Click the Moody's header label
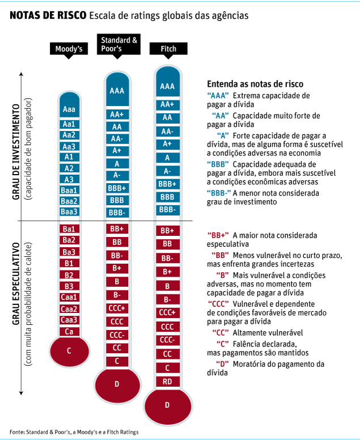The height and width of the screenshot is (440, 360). tap(69, 49)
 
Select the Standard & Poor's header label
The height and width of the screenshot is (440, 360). tap(118, 44)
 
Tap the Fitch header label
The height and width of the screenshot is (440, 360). tap(168, 49)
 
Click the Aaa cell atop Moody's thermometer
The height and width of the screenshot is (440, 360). tap(69, 109)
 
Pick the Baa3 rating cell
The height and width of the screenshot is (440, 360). tap(69, 211)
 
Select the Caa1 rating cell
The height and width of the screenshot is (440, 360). tap(69, 297)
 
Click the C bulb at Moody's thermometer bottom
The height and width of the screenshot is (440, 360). tap(69, 350)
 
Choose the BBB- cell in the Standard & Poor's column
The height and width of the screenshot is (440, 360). tap(117, 211)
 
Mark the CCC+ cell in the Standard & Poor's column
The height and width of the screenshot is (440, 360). tap(117, 307)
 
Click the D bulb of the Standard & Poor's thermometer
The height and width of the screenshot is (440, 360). tap(117, 384)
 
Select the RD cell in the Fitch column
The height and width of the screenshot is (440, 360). tap(167, 382)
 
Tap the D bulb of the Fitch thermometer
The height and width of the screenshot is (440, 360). tap(167, 405)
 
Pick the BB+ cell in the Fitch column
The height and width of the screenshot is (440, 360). tap(167, 231)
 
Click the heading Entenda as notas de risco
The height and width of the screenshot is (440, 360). tap(255, 83)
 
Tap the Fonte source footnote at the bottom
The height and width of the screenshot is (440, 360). tap(74, 432)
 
